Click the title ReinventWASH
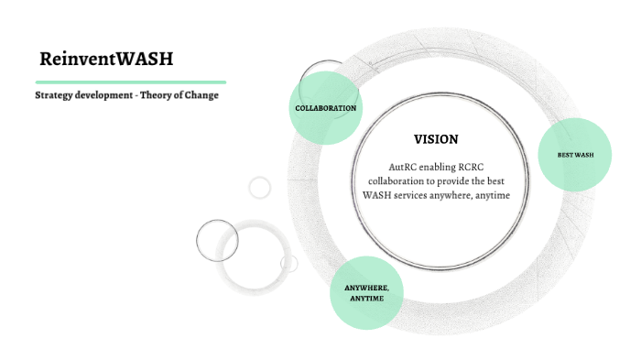click(x=106, y=60)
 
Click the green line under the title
click(x=130, y=82)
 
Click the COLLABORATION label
click(x=325, y=108)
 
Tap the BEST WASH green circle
click(x=575, y=155)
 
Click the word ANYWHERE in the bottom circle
click(x=366, y=288)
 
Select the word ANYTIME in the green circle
click(x=366, y=299)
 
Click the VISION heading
click(x=436, y=139)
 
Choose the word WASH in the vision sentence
click(x=377, y=196)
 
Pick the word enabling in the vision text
click(x=440, y=168)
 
